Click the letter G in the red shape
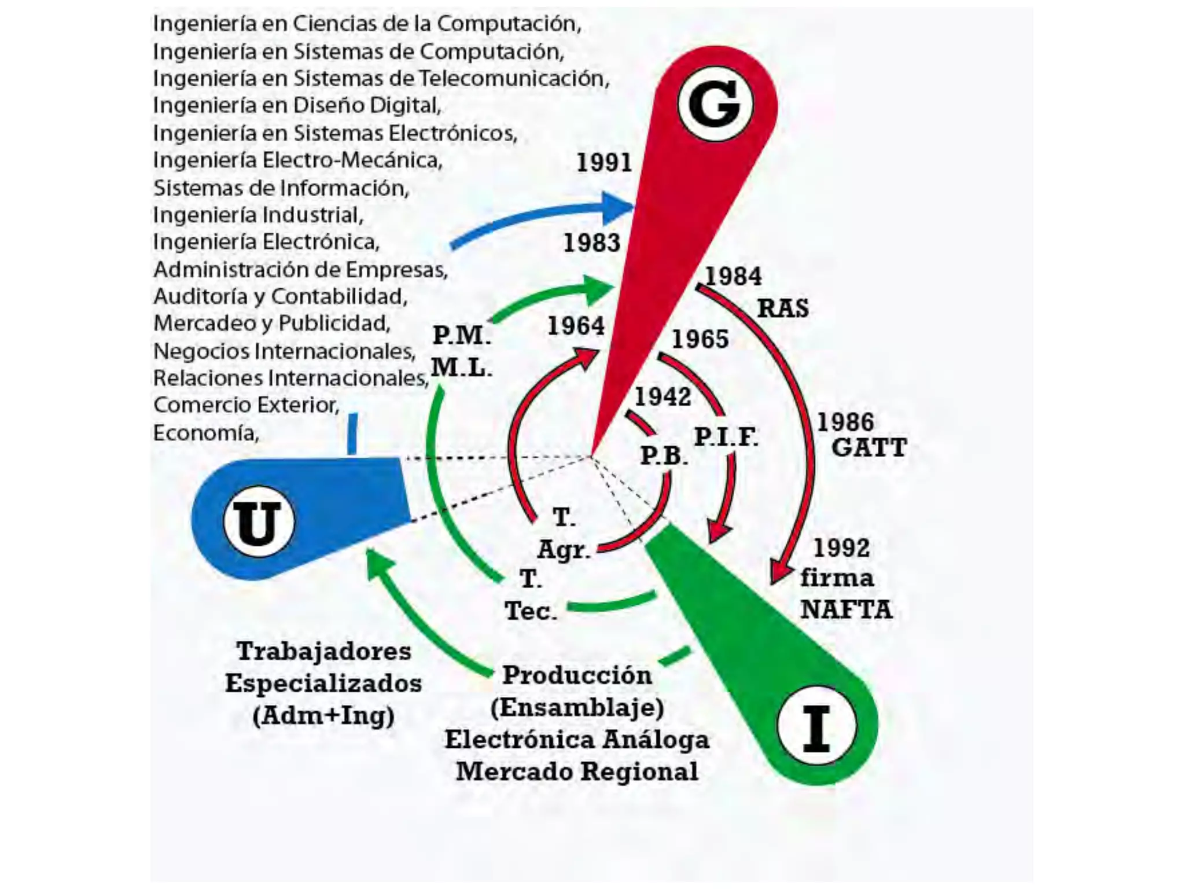tap(715, 104)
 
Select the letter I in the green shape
tap(816, 728)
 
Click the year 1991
tap(604, 163)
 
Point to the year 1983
tap(591, 243)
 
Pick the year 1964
tap(576, 326)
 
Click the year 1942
tap(663, 397)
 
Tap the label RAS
tap(783, 308)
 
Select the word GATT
tap(868, 448)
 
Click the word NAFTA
tap(846, 609)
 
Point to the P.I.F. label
tap(726, 437)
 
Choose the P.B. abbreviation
tap(664, 456)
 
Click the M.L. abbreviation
tap(461, 367)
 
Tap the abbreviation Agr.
tap(563, 549)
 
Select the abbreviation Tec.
tap(531, 611)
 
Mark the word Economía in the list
tap(206, 433)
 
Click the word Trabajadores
tap(323, 652)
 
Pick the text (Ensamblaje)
tap(577, 707)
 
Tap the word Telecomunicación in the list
tap(514, 78)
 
